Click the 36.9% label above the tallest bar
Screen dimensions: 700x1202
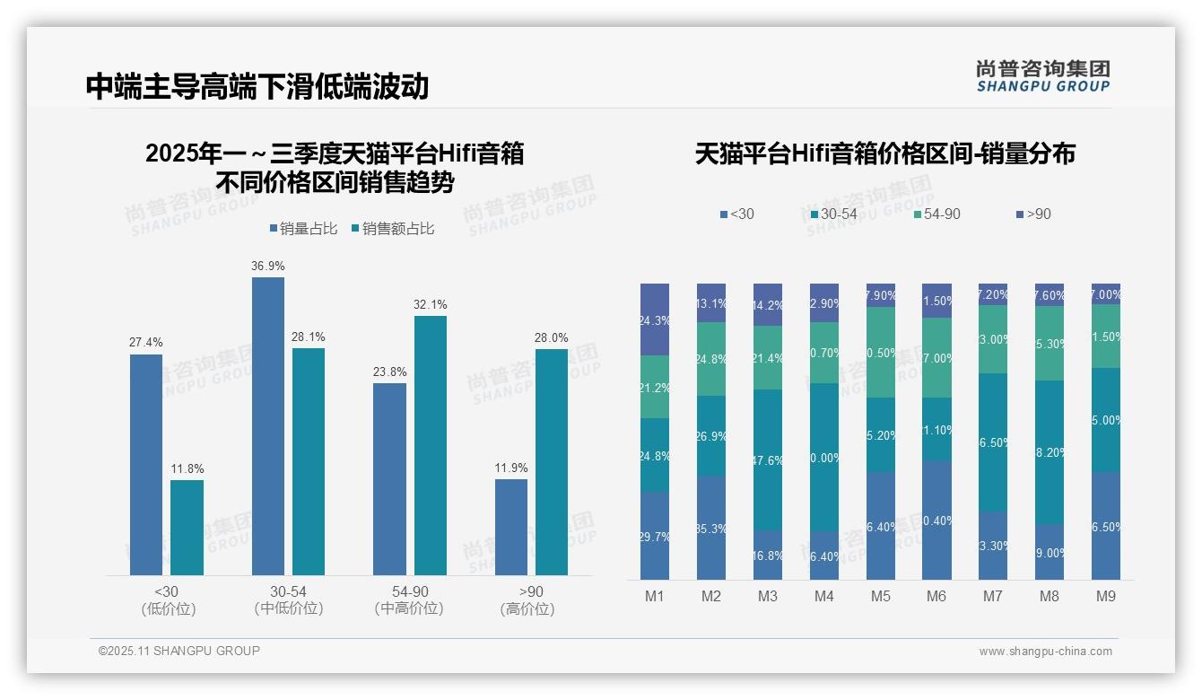tap(268, 267)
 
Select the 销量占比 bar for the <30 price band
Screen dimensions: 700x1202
tap(146, 464)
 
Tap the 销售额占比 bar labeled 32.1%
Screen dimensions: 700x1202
tap(431, 445)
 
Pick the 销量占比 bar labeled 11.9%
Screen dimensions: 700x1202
tap(511, 527)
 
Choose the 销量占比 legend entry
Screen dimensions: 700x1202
tap(303, 229)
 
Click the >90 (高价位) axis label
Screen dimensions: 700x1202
tap(531, 600)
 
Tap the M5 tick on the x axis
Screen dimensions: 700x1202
tap(881, 596)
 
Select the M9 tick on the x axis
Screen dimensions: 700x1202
tap(1106, 596)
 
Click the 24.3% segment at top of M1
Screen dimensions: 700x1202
tap(655, 319)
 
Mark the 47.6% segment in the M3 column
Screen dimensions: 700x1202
tap(768, 459)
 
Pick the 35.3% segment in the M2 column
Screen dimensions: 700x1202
tap(711, 528)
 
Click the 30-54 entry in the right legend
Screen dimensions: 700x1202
tap(833, 214)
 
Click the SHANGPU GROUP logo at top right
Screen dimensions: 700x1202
tap(1043, 76)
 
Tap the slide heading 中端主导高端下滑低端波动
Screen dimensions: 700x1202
tap(257, 86)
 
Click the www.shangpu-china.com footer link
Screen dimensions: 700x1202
tap(1045, 652)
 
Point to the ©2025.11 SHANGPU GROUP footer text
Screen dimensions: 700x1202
tap(179, 651)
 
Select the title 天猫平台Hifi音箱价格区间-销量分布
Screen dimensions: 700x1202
tap(884, 154)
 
